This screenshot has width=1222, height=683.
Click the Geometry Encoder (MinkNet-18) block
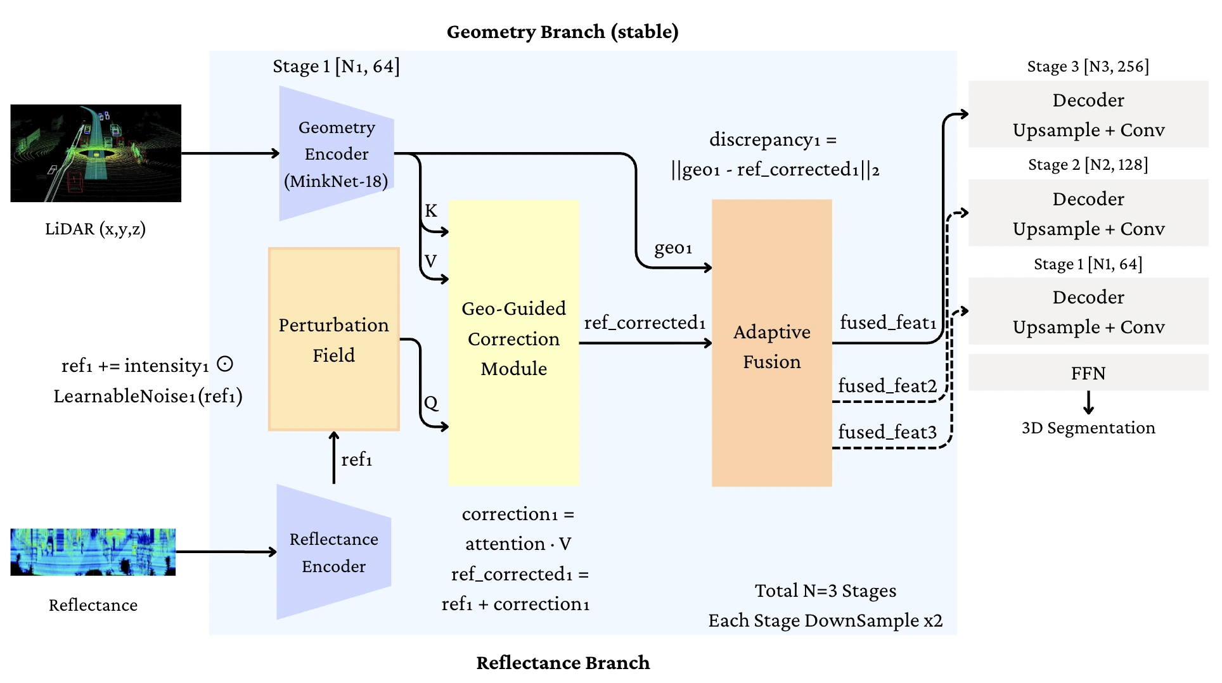[336, 154]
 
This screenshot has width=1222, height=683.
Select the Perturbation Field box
[333, 340]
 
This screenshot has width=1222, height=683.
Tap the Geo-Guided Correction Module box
[513, 343]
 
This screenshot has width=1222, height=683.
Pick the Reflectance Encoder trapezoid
[333, 552]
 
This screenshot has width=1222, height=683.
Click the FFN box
[1088, 373]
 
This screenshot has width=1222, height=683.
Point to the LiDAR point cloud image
[96, 153]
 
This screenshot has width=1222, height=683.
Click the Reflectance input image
[93, 552]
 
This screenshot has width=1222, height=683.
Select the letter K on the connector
[431, 211]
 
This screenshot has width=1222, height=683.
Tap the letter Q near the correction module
[431, 403]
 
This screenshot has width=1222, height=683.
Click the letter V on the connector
[431, 261]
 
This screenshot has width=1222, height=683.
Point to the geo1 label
[673, 248]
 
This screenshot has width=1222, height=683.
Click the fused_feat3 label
[887, 432]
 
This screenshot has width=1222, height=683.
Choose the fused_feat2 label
[887, 386]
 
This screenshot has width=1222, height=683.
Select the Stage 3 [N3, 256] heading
[1088, 67]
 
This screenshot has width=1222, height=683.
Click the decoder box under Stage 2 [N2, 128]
[1088, 214]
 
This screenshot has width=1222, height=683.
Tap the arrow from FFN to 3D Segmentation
[1088, 402]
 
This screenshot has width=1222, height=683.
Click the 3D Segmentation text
[1088, 428]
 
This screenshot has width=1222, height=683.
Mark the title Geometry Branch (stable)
[562, 32]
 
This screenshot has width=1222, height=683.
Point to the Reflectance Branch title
[563, 663]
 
